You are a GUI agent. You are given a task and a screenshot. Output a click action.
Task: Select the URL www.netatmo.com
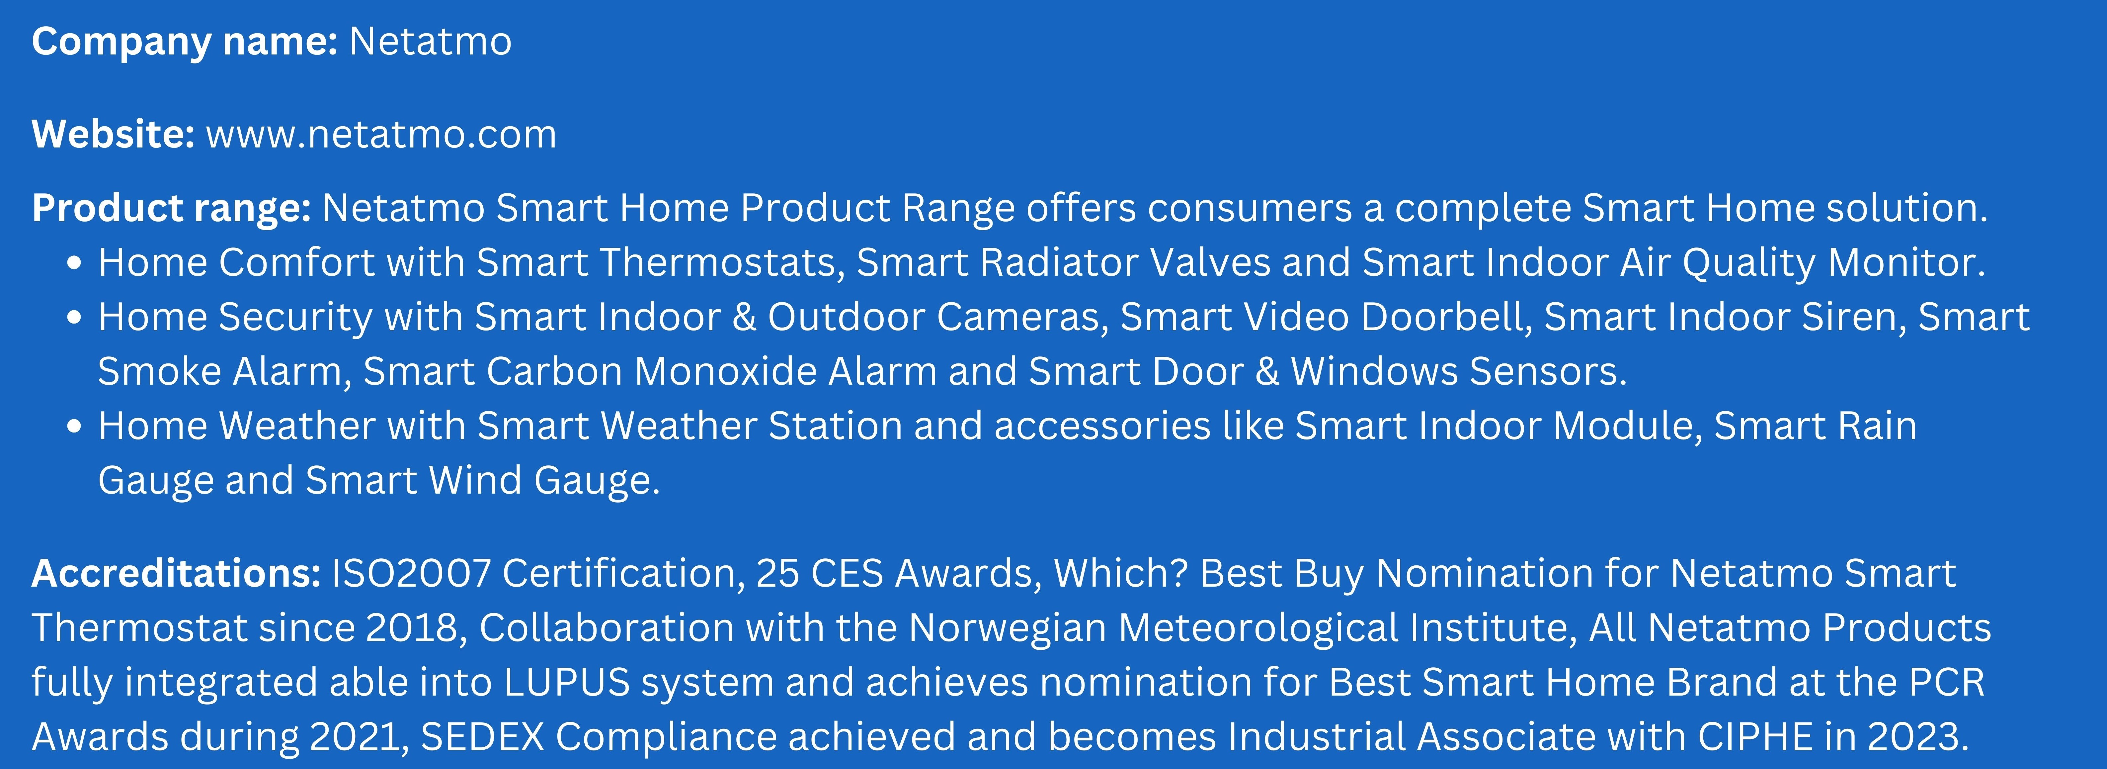(381, 134)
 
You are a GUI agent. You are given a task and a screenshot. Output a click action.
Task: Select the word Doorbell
(1445, 318)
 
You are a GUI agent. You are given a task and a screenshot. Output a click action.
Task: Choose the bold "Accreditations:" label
(176, 573)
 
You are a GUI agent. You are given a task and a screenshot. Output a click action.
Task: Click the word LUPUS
(567, 682)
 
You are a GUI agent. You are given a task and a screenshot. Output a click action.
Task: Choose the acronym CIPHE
(1754, 737)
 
